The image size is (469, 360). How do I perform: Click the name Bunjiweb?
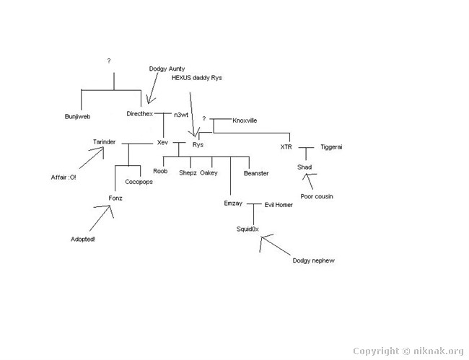[x=77, y=117]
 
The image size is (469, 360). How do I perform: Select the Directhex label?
[x=140, y=114]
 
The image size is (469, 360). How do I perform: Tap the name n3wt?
[x=181, y=115]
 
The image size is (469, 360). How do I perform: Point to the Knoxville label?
[x=245, y=120]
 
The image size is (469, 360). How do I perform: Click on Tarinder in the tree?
[x=104, y=141]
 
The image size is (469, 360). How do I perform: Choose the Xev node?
[x=163, y=143]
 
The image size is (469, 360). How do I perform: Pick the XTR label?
[x=286, y=146]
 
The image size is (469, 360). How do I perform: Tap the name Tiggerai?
[x=331, y=147]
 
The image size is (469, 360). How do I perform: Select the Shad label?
[x=304, y=167]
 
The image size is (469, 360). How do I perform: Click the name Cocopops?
[x=139, y=182]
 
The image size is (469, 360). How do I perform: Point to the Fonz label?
[x=115, y=198]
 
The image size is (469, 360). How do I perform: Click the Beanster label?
[x=256, y=173]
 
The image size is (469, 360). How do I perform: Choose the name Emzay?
[x=233, y=203]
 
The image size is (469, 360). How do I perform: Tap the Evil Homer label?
[x=279, y=205]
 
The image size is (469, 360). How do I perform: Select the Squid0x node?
[x=247, y=229]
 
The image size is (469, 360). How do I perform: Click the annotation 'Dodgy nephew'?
[x=313, y=260]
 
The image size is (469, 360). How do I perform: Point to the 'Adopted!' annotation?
[x=82, y=240]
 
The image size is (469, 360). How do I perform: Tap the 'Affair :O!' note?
[x=63, y=177]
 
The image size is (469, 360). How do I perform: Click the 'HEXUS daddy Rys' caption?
[x=197, y=78]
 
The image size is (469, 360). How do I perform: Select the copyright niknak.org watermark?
[x=408, y=351]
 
